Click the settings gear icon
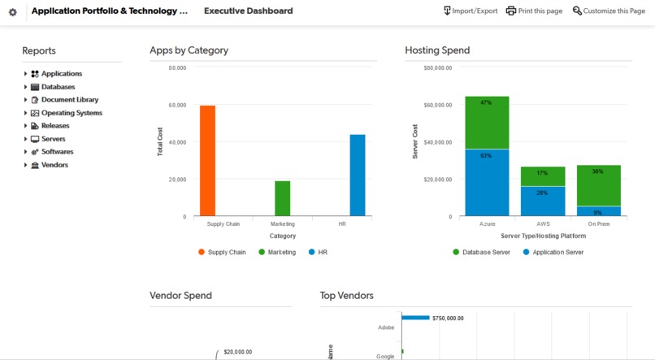tap(12, 12)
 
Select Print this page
tap(534, 11)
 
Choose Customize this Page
tap(609, 11)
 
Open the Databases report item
tap(58, 87)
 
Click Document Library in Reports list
tap(70, 100)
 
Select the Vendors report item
tap(54, 165)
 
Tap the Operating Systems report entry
tap(72, 113)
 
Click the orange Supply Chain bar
tap(207, 161)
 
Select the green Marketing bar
tap(282, 198)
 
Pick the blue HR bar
tap(358, 175)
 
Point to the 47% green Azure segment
tap(487, 122)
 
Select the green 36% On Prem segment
tap(598, 185)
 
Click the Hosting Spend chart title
tap(437, 50)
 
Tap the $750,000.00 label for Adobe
tap(448, 319)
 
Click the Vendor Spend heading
tap(180, 296)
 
